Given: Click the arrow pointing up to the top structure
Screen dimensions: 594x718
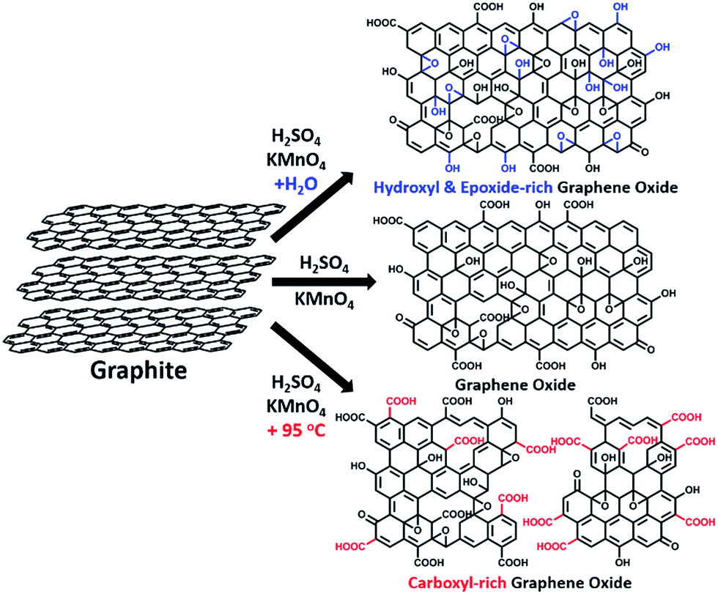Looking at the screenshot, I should click(311, 208).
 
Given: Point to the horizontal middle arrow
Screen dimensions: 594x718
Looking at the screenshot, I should click(314, 281).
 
